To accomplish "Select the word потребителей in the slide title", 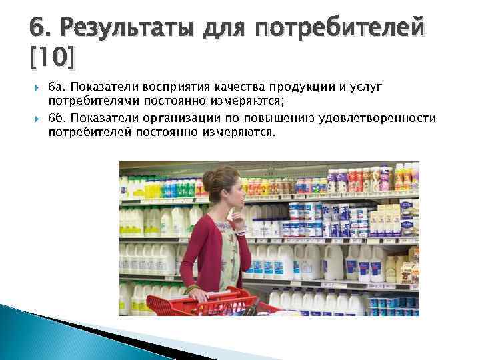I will pyautogui.click(x=340, y=29).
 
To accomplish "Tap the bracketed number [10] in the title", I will pyautogui.click(x=53, y=59).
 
